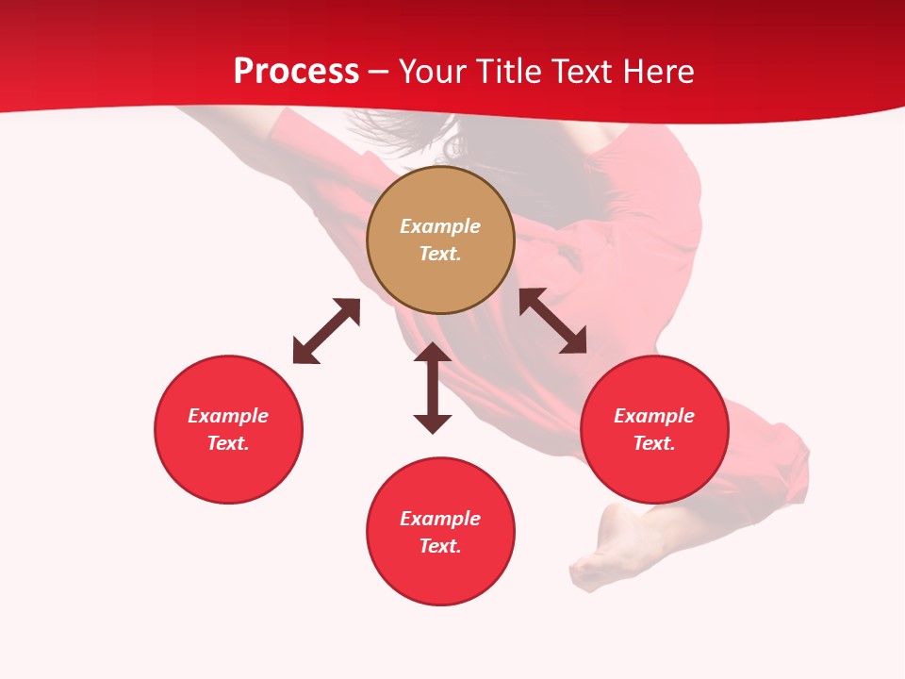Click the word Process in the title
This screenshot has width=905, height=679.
click(x=296, y=72)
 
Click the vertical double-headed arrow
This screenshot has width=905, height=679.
click(x=433, y=388)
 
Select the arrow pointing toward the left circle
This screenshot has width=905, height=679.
click(x=326, y=331)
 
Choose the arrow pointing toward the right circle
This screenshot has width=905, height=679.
click(x=553, y=321)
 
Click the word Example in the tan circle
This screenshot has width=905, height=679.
click(x=440, y=226)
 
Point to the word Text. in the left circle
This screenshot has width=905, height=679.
click(x=228, y=443)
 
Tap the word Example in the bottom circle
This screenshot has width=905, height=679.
click(x=440, y=519)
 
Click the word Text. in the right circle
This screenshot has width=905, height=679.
click(x=654, y=443)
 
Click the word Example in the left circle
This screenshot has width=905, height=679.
click(x=228, y=416)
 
